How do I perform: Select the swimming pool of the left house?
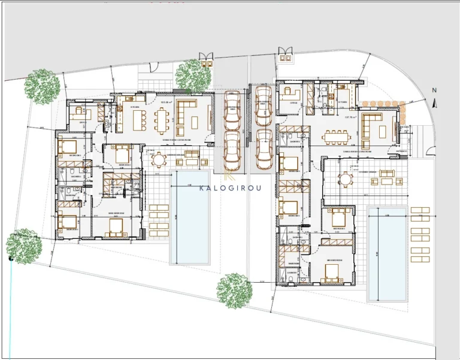pos(191,217)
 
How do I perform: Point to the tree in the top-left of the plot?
pos(42,86)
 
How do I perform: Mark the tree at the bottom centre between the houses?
pos(234,291)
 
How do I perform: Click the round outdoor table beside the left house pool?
pos(159,160)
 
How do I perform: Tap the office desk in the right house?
pos(291,95)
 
